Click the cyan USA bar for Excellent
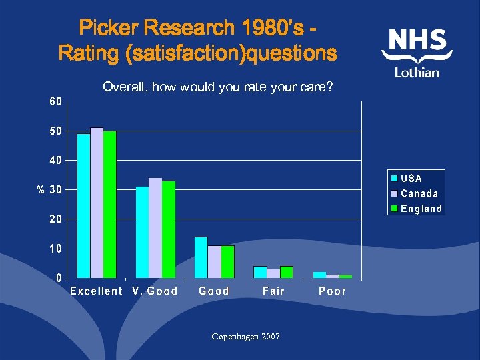tap(83, 205)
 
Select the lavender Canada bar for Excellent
tap(97, 202)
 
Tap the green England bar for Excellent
tap(109, 204)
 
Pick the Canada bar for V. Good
tap(155, 227)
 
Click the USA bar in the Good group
tap(201, 257)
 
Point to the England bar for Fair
tap(287, 272)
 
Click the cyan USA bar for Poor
tap(319, 275)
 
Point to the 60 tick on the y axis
tap(55, 101)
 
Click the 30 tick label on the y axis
tap(55, 189)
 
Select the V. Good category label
tap(155, 291)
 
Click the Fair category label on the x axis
tap(273, 291)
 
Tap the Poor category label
tap(333, 291)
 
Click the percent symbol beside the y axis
tap(40, 190)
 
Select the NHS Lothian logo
tap(417, 53)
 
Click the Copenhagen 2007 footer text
tap(245, 337)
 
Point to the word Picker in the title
tap(110, 28)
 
